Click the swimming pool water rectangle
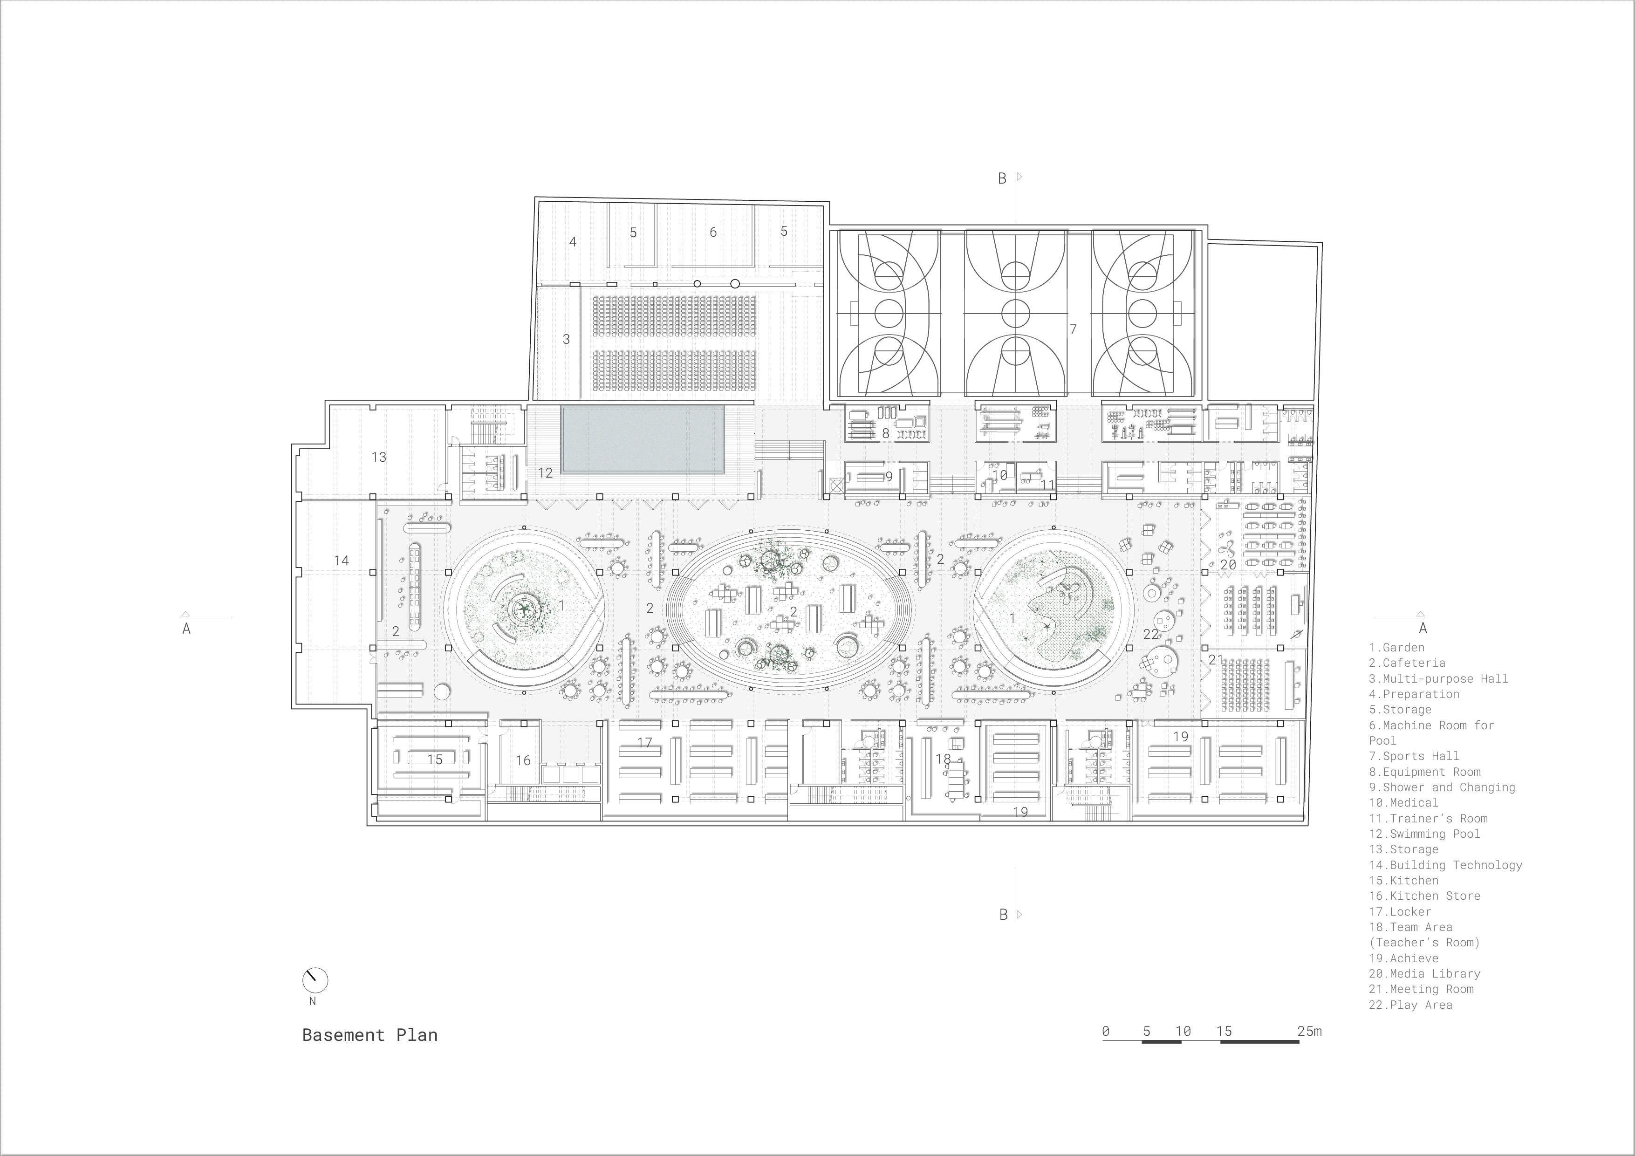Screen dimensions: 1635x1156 (643, 439)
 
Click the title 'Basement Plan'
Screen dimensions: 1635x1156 (369, 1035)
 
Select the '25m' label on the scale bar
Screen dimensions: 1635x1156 (1309, 1031)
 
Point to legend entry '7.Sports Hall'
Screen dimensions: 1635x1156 (1414, 756)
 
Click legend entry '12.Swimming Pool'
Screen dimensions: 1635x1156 (1424, 834)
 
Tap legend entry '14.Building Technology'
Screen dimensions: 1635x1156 (1445, 865)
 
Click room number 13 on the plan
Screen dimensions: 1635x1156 (379, 457)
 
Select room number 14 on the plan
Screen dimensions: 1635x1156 (341, 561)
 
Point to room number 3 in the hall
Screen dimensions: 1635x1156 (566, 339)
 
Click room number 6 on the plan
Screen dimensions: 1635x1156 (713, 232)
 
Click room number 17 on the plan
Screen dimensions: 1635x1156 (644, 743)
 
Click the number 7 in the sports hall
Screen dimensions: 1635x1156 (1073, 329)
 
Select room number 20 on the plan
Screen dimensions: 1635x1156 (1228, 565)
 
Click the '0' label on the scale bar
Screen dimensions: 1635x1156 (1105, 1031)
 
